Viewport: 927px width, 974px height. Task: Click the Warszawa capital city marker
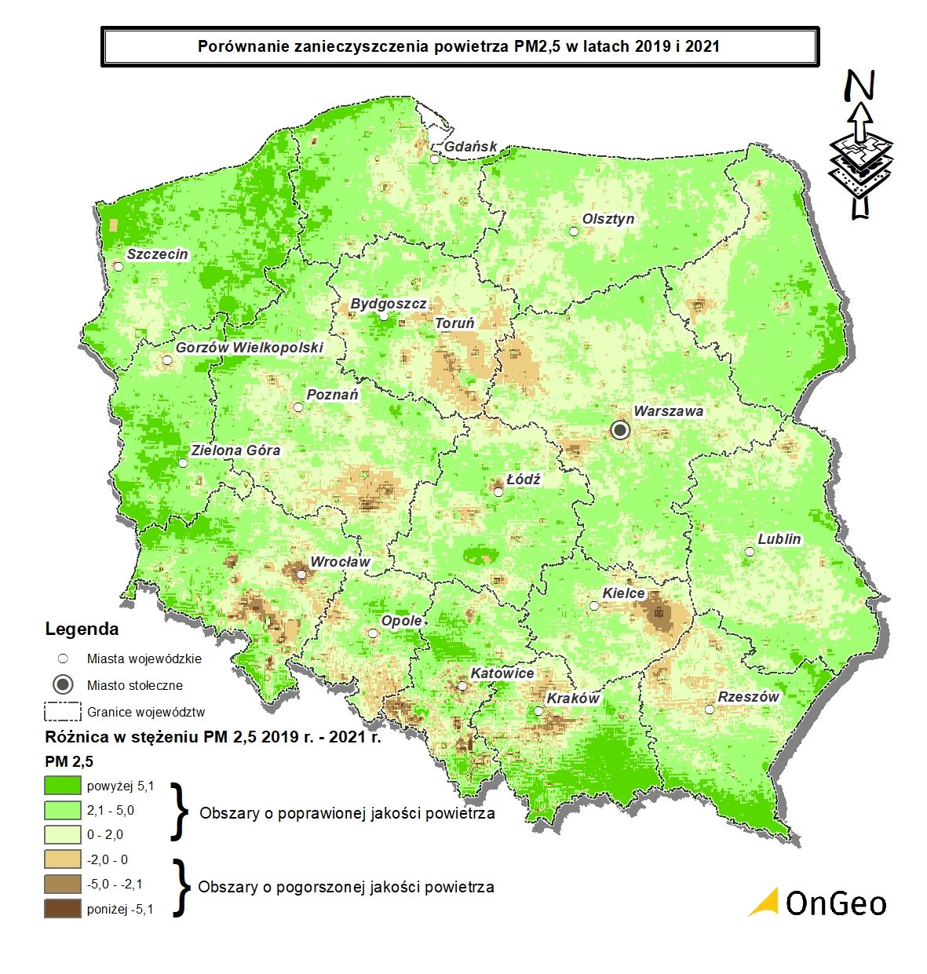pos(620,429)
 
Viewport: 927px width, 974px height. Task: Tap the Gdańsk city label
pos(471,147)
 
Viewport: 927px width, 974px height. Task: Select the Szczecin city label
pos(158,254)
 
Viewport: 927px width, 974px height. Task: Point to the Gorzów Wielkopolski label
pos(249,347)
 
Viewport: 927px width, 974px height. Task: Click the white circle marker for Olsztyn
pos(574,232)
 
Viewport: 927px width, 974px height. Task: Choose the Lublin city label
pos(779,539)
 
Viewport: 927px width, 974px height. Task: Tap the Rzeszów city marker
pos(710,710)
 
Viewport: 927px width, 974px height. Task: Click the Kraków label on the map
pos(573,699)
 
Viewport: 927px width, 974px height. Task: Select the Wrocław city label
pos(340,562)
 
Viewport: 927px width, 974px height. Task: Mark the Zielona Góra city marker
pos(183,463)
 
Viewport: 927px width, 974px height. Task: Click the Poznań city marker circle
pos(297,407)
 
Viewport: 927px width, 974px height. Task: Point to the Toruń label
pos(455,323)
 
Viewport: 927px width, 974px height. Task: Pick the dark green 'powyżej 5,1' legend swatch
pos(63,786)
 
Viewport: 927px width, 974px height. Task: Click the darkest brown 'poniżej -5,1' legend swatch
pos(63,909)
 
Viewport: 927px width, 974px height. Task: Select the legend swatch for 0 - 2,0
pos(63,834)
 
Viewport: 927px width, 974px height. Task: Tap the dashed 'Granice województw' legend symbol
pos(63,712)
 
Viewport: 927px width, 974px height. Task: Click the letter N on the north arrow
pos(860,86)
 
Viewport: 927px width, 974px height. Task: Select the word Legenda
pos(82,629)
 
